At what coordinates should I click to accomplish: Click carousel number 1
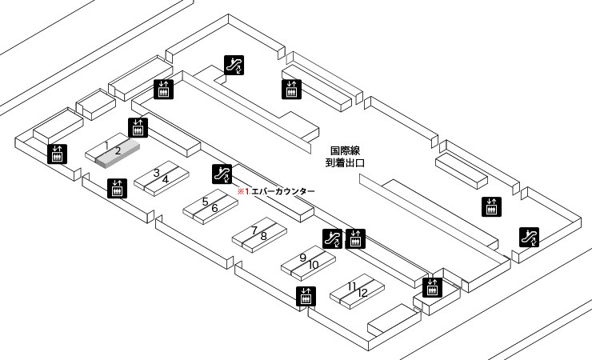tap(107, 144)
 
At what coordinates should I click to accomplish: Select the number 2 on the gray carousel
tap(117, 150)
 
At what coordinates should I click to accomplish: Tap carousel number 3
tap(157, 173)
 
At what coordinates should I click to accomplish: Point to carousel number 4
tap(166, 179)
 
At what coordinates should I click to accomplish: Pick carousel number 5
tap(205, 202)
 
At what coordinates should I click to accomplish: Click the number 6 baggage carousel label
tap(214, 208)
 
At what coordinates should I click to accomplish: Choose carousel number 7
tap(254, 230)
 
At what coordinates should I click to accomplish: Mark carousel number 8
tap(263, 236)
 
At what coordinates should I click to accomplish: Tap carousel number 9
tap(303, 258)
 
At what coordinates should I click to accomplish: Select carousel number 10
tap(314, 264)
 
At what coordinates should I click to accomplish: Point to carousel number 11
tap(352, 286)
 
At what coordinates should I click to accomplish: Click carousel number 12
tap(362, 293)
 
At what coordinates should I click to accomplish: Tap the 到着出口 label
tap(346, 162)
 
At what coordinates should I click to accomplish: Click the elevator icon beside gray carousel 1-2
tap(138, 126)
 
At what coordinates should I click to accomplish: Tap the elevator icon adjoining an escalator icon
tap(355, 238)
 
